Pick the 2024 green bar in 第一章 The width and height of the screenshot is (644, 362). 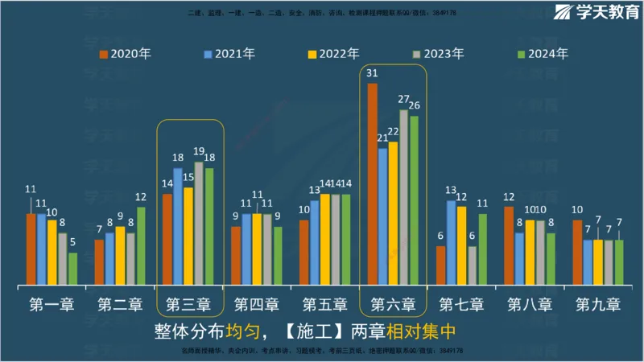(x=72, y=269)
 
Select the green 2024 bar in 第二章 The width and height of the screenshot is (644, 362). (x=141, y=245)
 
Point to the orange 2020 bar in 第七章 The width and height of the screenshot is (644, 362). (x=440, y=265)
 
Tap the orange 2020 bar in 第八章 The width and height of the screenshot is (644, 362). (x=509, y=245)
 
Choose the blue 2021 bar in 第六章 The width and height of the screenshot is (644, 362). (x=382, y=216)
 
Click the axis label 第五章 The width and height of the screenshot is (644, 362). (x=324, y=306)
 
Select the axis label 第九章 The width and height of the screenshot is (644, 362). (x=598, y=306)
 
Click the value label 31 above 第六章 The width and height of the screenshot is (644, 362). (x=372, y=73)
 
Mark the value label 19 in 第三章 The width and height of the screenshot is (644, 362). (x=199, y=152)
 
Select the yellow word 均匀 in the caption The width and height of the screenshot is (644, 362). (x=242, y=331)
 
